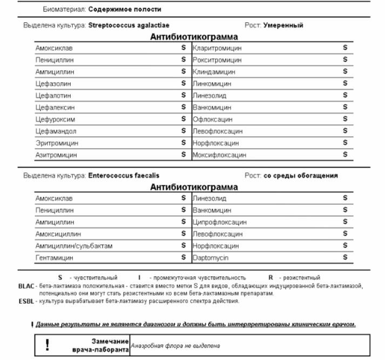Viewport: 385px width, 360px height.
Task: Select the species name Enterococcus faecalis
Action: click(x=124, y=176)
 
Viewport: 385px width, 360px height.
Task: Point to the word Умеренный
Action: click(x=283, y=25)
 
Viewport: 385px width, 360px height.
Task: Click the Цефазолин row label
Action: click(x=53, y=84)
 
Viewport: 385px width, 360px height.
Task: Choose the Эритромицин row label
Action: click(x=57, y=143)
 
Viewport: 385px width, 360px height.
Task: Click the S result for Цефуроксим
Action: click(x=183, y=119)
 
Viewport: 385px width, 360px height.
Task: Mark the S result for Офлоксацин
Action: click(x=345, y=119)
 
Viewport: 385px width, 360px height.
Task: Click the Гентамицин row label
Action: click(x=53, y=258)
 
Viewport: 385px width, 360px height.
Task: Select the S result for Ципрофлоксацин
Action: click(x=345, y=222)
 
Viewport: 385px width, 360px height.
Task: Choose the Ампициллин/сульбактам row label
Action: click(x=74, y=246)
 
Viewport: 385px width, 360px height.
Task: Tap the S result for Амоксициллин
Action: click(x=183, y=234)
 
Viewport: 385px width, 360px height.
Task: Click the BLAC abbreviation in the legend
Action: click(x=26, y=285)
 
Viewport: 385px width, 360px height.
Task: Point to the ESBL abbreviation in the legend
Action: click(x=26, y=301)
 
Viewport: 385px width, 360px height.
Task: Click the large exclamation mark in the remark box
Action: click(x=48, y=344)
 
